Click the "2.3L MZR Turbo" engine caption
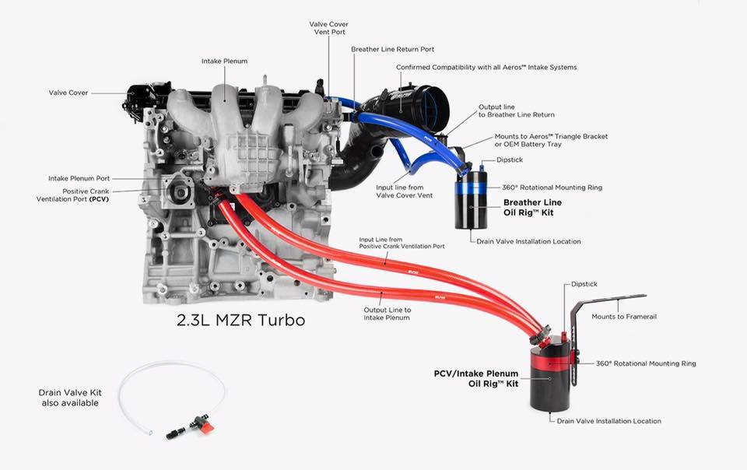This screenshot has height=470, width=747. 240,320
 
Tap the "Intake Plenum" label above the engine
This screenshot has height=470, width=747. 224,61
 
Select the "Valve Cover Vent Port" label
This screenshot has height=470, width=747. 328,28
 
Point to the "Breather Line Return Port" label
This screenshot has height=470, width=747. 392,49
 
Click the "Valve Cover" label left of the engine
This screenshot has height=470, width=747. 68,93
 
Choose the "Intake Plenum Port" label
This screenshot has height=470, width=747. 79,178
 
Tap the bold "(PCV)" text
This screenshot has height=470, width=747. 99,199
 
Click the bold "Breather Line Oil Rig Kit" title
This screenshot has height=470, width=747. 532,208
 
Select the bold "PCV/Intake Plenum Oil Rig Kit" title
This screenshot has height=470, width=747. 476,379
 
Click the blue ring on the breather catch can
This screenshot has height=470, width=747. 472,188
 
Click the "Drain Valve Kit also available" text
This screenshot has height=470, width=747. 70,398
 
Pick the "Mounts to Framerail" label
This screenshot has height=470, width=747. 624,316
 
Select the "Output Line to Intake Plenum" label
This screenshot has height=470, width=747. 387,314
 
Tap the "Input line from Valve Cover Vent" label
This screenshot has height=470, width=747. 404,191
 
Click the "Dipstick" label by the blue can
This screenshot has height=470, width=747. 509,160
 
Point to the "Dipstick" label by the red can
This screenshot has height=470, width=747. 584,284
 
